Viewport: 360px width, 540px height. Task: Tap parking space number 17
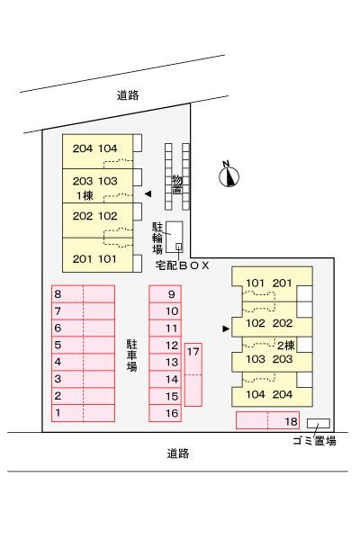pyautogui.click(x=193, y=374)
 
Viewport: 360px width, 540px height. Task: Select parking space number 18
pyautogui.click(x=267, y=420)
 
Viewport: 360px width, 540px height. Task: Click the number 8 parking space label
pyautogui.click(x=58, y=294)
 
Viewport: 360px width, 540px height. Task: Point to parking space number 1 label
pyautogui.click(x=58, y=412)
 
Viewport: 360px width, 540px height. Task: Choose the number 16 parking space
pyautogui.click(x=165, y=413)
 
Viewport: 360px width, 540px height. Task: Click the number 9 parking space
pyautogui.click(x=165, y=294)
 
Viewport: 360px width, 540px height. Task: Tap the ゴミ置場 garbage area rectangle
pyautogui.click(x=319, y=423)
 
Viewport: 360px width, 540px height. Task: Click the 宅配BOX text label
pyautogui.click(x=182, y=265)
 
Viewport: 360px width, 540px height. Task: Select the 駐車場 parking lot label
pyautogui.click(x=131, y=355)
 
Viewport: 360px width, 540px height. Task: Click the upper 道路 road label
pyautogui.click(x=128, y=95)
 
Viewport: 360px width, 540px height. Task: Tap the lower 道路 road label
pyautogui.click(x=178, y=454)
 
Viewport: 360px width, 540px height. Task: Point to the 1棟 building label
pyautogui.click(x=85, y=195)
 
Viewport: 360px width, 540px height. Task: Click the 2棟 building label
pyautogui.click(x=286, y=345)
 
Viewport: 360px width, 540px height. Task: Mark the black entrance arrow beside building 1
pyautogui.click(x=148, y=194)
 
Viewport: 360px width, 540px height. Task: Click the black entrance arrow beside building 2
pyautogui.click(x=226, y=328)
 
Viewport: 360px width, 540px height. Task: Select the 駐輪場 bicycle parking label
pyautogui.click(x=157, y=238)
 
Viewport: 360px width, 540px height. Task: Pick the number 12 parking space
pyautogui.click(x=165, y=345)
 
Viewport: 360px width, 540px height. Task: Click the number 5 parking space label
pyautogui.click(x=58, y=345)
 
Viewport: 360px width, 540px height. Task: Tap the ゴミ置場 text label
pyautogui.click(x=314, y=441)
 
